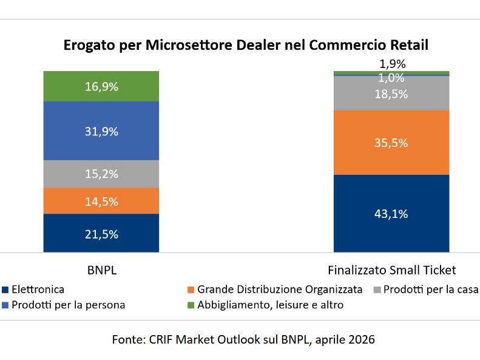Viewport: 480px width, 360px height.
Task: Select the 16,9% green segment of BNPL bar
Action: pyautogui.click(x=101, y=86)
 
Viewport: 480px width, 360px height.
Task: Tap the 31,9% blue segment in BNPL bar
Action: pyautogui.click(x=101, y=131)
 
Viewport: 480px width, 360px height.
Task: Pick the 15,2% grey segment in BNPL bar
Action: pyautogui.click(x=101, y=174)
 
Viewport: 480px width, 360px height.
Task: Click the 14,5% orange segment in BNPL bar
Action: pyautogui.click(x=101, y=201)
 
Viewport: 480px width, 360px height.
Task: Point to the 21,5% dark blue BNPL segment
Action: pyautogui.click(x=101, y=234)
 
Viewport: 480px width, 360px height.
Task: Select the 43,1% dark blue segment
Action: pyautogui.click(x=391, y=214)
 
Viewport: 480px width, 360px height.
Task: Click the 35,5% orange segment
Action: pyautogui.click(x=391, y=143)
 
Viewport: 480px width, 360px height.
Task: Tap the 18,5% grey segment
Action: pyautogui.click(x=391, y=94)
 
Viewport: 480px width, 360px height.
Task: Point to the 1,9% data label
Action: pyautogui.click(x=391, y=63)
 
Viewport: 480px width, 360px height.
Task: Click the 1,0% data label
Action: pyautogui.click(x=391, y=78)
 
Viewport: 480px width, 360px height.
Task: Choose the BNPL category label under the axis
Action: pyautogui.click(x=101, y=270)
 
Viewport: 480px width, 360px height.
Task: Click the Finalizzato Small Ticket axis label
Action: pyautogui.click(x=391, y=270)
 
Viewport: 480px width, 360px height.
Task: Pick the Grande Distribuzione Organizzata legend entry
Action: pyautogui.click(x=279, y=290)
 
